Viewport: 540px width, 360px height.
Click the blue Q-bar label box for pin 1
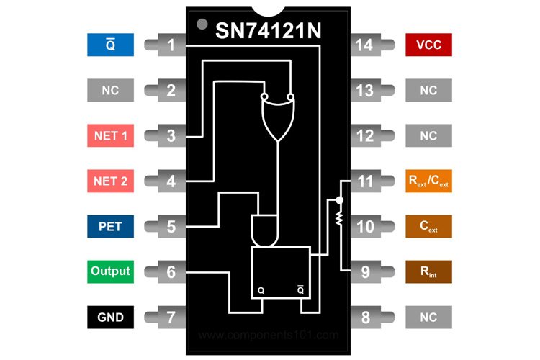(x=110, y=45)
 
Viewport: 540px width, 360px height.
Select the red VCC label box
(x=428, y=45)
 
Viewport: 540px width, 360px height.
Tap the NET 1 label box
(x=110, y=135)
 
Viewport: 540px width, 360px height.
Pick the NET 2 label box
(x=110, y=181)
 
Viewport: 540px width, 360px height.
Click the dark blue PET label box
(x=110, y=226)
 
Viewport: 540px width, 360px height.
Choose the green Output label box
(x=110, y=271)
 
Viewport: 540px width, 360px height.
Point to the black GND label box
(x=110, y=317)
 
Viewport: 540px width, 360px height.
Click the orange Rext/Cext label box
(x=428, y=181)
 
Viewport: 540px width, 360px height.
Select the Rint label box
(x=428, y=271)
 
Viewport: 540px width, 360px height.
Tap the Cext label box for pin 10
(x=428, y=226)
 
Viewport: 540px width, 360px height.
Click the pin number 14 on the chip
(x=365, y=45)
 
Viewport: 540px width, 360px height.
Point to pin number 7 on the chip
(x=171, y=317)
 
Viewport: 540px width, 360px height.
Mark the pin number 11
(x=365, y=181)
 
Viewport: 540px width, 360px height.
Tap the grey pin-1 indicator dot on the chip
(x=202, y=25)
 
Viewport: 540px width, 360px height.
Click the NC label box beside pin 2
(x=110, y=91)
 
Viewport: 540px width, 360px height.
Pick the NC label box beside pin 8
(x=428, y=317)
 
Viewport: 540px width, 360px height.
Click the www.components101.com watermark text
(x=268, y=335)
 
